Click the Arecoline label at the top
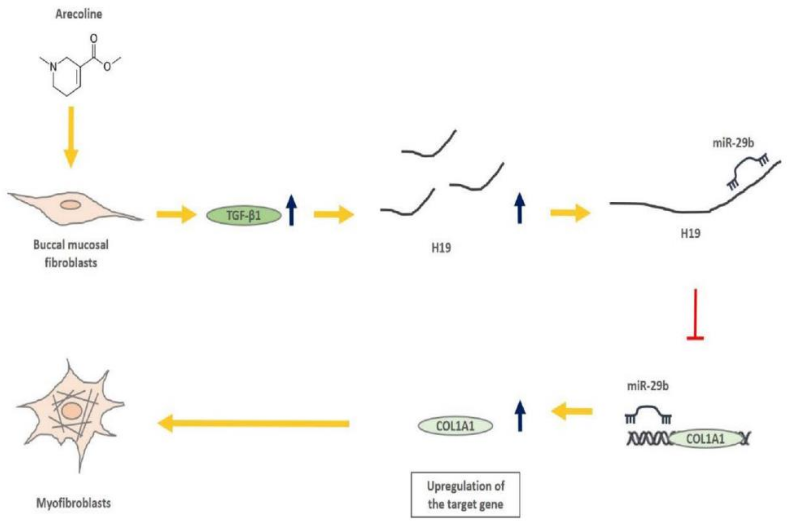(78, 14)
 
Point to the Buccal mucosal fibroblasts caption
(71, 253)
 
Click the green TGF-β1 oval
(244, 215)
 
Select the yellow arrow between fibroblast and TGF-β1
(176, 214)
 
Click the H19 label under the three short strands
(441, 248)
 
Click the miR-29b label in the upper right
(733, 143)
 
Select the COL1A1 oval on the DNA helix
(705, 439)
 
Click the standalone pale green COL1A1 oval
(455, 426)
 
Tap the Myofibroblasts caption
(73, 503)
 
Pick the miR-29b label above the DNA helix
(648, 387)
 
